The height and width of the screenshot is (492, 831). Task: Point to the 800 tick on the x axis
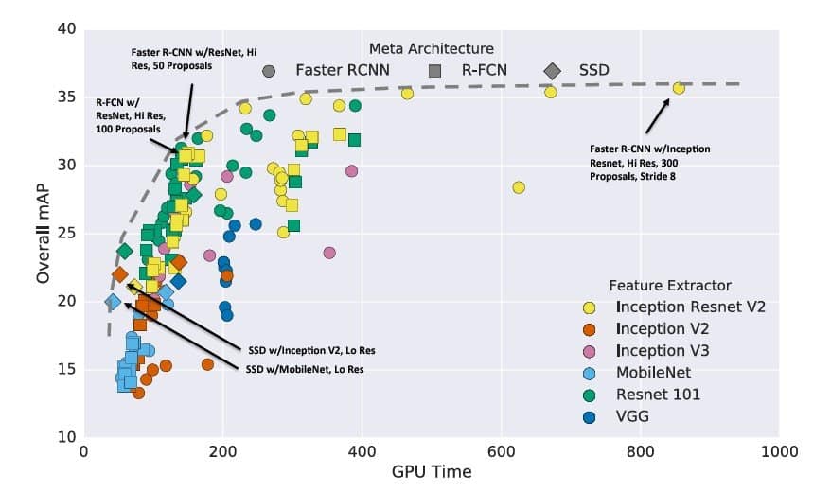[x=640, y=452]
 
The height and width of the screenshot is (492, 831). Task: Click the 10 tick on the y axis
[x=67, y=437]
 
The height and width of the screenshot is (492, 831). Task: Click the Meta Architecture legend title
[x=431, y=48]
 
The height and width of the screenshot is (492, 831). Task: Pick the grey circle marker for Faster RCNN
[x=269, y=70]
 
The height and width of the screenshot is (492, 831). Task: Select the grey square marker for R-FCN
[x=435, y=70]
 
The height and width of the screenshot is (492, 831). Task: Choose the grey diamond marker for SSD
[x=552, y=70]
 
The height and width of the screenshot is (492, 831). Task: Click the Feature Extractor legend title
[x=669, y=285]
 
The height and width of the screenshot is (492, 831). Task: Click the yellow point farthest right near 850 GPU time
[x=678, y=88]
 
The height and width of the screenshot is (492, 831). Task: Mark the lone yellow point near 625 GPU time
[x=518, y=187]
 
